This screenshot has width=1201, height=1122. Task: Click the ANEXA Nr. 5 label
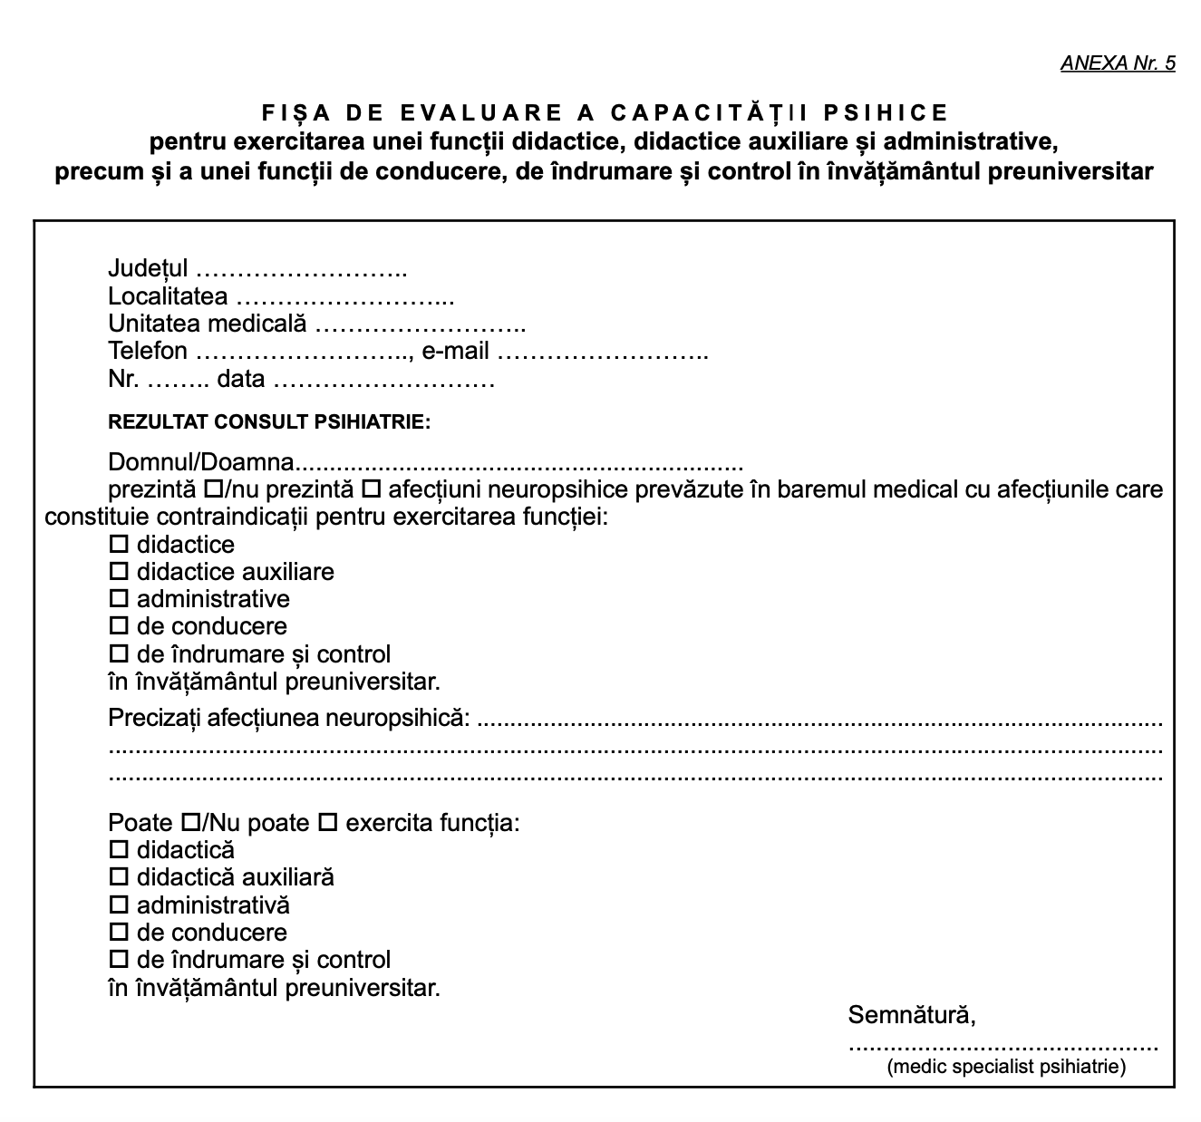[x=1117, y=63]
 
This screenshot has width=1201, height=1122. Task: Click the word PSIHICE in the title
[x=886, y=112]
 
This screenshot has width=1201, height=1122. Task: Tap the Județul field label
[x=148, y=268]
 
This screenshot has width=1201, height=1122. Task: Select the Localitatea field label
[x=168, y=296]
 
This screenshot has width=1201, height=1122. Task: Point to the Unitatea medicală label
[x=208, y=324]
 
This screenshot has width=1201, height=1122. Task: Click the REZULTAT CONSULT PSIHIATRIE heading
[x=269, y=421]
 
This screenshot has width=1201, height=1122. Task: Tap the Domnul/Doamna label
[x=201, y=462]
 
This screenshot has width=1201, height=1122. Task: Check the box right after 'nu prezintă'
[x=370, y=490]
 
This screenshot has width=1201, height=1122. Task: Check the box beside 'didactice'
[x=119, y=545]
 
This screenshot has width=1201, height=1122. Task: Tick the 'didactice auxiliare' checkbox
[x=119, y=572]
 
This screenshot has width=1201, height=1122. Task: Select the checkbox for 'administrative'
[x=119, y=599]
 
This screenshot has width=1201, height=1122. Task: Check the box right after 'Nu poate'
[x=327, y=823]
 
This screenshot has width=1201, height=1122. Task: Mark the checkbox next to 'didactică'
[x=119, y=850]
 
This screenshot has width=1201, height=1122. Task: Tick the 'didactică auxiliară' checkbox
[x=119, y=877]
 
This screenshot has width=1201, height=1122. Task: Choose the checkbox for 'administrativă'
[x=119, y=904]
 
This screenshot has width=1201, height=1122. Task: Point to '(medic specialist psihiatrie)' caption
[x=1006, y=1067]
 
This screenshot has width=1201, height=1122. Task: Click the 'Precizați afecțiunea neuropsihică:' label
[x=289, y=718]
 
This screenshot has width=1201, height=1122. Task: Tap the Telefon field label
[x=148, y=351]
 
